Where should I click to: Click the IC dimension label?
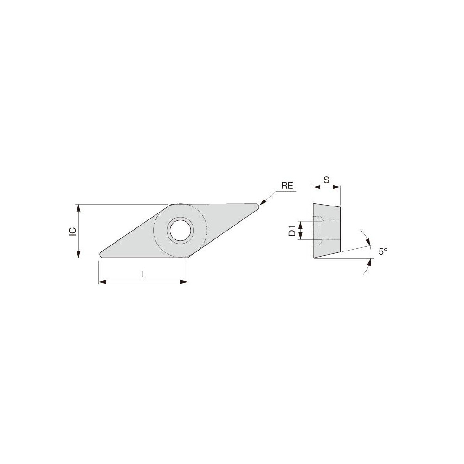pos(72,231)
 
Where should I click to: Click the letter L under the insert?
pos(143,274)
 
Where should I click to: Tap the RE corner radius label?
pos(287,186)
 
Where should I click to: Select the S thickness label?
pos(326,179)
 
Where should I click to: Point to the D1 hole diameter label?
pos(292,231)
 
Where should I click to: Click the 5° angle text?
pos(383,251)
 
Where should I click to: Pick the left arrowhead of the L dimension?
pos(102,281)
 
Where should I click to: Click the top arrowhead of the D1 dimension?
pos(301,224)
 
